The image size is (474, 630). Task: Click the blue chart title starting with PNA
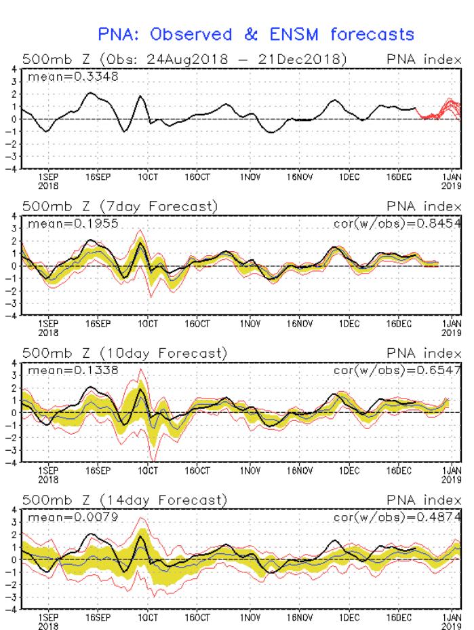coord(256,34)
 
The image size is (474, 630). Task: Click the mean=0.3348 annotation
coord(73,77)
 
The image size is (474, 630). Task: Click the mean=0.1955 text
coord(73,223)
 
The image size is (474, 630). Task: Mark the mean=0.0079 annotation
coord(73,517)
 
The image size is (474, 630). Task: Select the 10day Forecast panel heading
coord(123,353)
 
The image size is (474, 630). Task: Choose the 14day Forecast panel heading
coord(123,500)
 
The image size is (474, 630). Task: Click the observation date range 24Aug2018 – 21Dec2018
coord(239,59)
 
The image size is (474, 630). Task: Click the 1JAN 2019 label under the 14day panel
coord(451,622)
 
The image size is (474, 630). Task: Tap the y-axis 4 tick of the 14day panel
coord(14,510)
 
